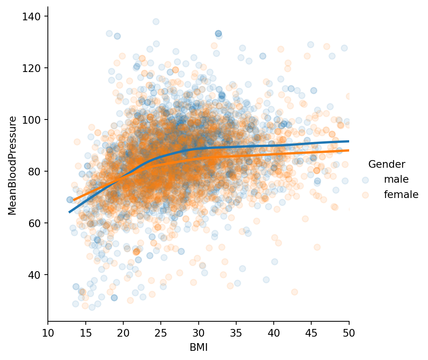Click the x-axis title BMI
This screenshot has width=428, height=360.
coord(198,347)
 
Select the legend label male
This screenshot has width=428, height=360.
coord(396,179)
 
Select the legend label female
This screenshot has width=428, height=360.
coord(401,195)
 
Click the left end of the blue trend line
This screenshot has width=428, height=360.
coord(69,212)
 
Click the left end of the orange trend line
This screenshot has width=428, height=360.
coord(74,200)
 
